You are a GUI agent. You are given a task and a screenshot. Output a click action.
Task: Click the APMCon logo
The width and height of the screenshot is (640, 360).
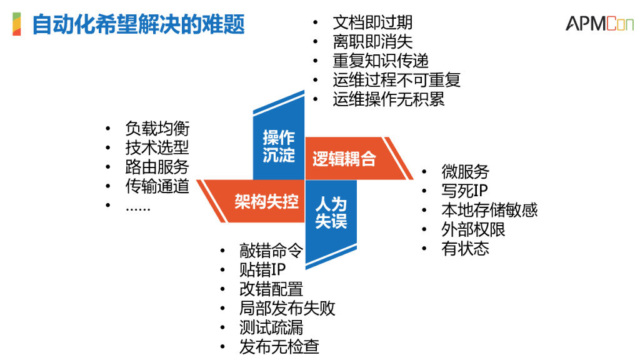pos(599,23)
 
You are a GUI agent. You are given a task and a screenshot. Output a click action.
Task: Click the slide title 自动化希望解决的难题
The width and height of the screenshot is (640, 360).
pos(138,24)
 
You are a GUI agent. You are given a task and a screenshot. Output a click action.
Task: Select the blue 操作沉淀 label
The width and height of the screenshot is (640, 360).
pos(278,146)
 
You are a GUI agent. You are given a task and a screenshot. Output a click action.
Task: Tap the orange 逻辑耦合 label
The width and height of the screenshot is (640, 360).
pos(344,159)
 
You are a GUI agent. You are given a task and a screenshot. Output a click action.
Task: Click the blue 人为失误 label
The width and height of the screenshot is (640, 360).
pos(331,212)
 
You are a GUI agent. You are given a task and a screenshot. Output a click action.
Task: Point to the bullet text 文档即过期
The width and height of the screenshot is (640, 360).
pos(372,23)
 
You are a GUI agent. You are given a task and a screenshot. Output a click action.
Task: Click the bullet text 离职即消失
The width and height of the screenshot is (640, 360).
pos(372,42)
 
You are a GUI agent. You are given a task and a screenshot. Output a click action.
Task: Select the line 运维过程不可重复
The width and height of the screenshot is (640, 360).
pos(396,80)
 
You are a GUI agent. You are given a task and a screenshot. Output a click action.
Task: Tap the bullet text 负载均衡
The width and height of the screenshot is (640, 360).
pos(157,129)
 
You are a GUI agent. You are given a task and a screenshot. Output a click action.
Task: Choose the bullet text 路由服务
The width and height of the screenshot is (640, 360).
pos(157,167)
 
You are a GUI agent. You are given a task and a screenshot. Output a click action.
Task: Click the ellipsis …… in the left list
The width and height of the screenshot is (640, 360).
pos(137,207)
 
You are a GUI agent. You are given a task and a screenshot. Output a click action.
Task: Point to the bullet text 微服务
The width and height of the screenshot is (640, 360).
pos(465,171)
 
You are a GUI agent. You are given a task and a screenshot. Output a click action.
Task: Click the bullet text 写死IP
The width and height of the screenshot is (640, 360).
pos(465,191)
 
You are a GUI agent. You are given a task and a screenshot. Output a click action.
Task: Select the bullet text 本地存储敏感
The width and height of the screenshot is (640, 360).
pos(489,209)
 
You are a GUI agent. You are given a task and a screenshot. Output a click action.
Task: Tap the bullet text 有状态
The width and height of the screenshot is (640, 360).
pos(465,248)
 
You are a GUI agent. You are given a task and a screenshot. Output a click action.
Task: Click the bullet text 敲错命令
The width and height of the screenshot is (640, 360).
pos(271,251)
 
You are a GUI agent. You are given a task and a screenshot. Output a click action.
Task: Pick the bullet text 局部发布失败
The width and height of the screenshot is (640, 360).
pos(287,308)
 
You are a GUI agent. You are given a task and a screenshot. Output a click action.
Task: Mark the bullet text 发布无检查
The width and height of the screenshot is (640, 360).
pos(279,347)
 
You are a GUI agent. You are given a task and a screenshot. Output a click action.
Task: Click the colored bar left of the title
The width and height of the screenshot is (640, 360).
pos(17,24)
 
